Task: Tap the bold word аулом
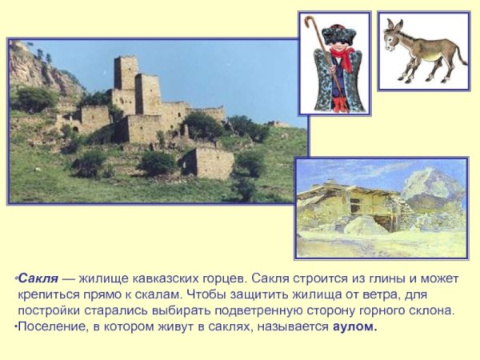tap(354, 327)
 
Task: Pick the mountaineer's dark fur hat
tap(338, 34)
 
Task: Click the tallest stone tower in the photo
tap(126, 76)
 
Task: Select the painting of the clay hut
tap(380, 207)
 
